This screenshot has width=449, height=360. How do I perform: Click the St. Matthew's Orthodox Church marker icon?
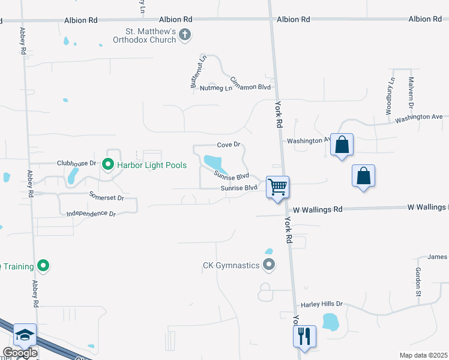coord(185,35)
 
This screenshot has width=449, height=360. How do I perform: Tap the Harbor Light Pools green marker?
coord(108,164)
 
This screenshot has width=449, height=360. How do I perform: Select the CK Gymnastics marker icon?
coord(269,264)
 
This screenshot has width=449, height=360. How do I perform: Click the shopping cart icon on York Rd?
coord(277,187)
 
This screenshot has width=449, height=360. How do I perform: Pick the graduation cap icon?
coord(25,335)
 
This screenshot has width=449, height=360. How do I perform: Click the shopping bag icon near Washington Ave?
coord(342,145)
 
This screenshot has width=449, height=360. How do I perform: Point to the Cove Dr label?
coord(229,145)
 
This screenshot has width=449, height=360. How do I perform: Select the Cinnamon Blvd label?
coord(251,83)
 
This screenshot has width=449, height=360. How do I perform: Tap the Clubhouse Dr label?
coord(76,163)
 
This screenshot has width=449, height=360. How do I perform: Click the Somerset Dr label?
coord(106,196)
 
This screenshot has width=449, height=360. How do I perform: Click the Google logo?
coord(20,353)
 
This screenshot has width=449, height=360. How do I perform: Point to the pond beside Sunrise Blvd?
coord(213,162)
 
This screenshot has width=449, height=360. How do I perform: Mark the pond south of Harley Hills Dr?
coord(331,322)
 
